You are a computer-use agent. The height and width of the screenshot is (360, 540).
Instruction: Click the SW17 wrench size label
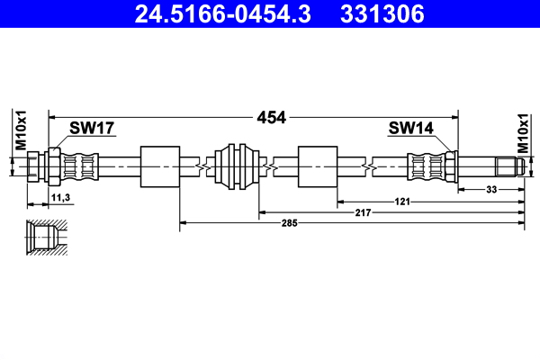click(x=93, y=129)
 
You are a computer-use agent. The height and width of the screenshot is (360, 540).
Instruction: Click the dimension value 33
click(x=492, y=190)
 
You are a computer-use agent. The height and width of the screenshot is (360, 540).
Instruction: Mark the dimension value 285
click(x=287, y=221)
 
